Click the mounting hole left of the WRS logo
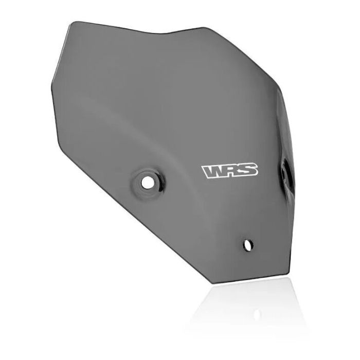(148, 182)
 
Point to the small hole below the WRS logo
(248, 244)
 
